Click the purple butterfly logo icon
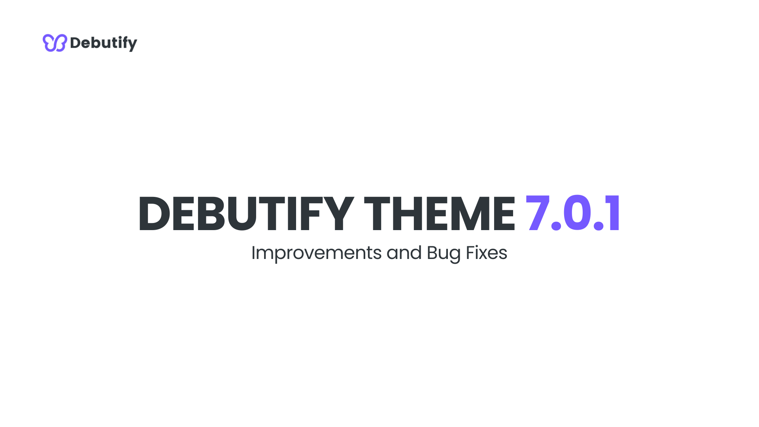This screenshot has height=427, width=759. (x=55, y=43)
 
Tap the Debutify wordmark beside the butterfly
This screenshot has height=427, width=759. (x=104, y=43)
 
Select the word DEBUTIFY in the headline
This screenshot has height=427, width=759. (x=245, y=214)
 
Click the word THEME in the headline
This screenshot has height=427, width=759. (x=439, y=214)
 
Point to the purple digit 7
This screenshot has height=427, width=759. (x=538, y=213)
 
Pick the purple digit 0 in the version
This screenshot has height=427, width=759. (x=577, y=213)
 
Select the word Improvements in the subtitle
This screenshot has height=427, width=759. (x=316, y=253)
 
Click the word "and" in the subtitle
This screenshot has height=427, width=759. (x=404, y=253)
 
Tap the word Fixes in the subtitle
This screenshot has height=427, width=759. (x=486, y=253)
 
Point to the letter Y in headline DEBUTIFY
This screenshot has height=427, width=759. (x=338, y=214)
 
